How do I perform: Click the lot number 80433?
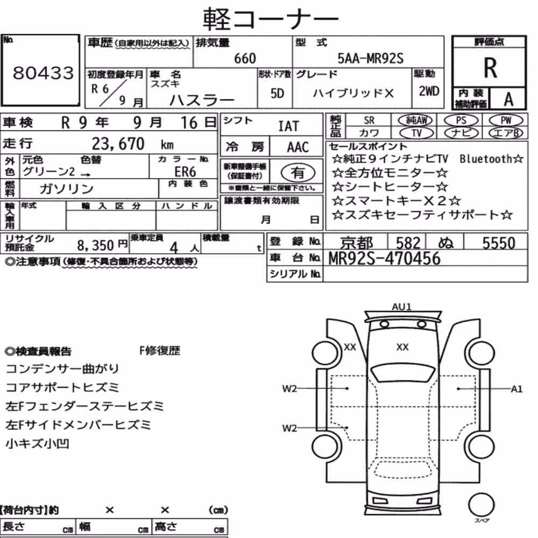43,73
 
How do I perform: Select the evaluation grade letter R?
490,68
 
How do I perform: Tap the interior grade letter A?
508,99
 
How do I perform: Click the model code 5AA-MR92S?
370,58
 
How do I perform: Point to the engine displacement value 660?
245,58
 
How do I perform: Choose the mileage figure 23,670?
118,144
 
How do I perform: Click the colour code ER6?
185,171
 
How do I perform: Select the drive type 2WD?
429,91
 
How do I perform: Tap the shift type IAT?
288,126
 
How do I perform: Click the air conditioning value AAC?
298,147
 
